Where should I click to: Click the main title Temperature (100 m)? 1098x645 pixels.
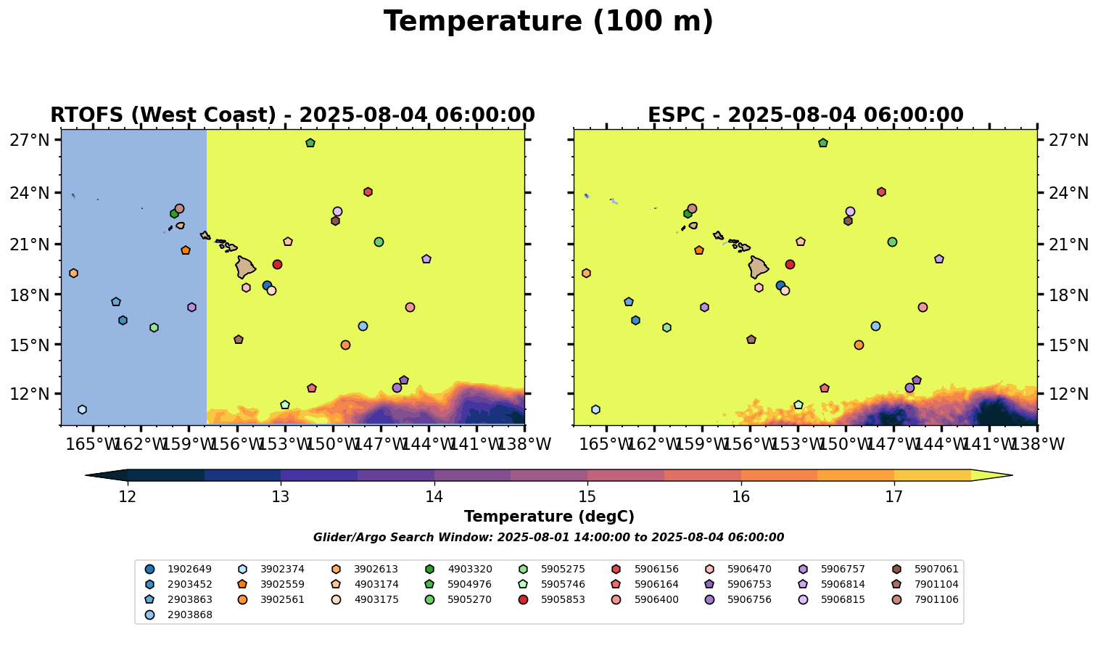[548, 22]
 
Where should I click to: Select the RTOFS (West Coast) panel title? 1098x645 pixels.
[292, 115]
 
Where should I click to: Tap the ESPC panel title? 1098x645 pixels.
[805, 115]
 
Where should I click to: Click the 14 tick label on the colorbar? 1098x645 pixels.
[434, 497]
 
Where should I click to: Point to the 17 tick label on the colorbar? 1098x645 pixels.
[893, 497]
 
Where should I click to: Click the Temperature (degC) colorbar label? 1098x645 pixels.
[549, 517]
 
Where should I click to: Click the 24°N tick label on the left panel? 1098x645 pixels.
[30, 193]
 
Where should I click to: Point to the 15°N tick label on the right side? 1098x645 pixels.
[1066, 345]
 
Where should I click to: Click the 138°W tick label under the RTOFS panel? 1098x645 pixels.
[524, 444]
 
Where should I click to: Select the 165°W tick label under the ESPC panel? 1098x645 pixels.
[606, 444]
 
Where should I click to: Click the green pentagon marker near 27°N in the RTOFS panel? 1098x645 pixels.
[310, 143]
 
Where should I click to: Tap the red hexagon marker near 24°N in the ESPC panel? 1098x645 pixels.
[881, 192]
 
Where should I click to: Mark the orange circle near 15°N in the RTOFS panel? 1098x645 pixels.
[345, 345]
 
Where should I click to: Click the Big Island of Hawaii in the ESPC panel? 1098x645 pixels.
[758, 267]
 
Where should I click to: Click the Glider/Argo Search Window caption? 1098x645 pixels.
[548, 538]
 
